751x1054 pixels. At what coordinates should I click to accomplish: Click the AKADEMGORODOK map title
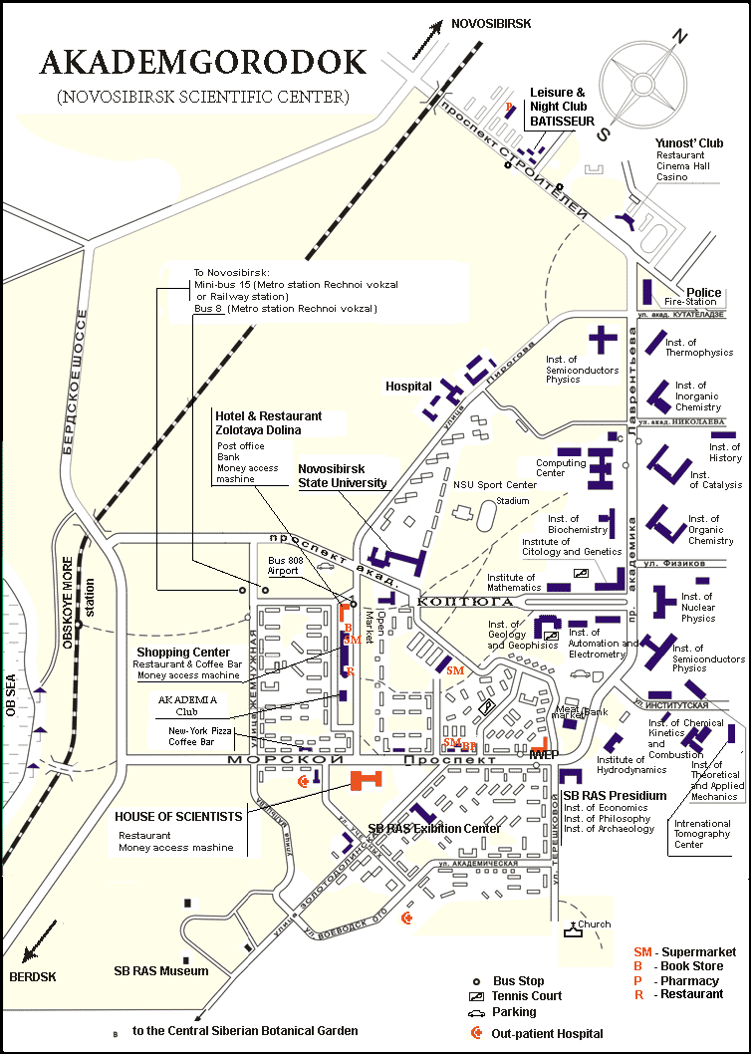pyautogui.click(x=203, y=62)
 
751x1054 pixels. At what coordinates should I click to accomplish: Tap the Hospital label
pyautogui.click(x=408, y=386)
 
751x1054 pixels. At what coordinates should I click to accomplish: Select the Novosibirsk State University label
pyautogui.click(x=343, y=475)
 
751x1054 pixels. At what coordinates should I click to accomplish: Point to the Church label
pyautogui.click(x=595, y=924)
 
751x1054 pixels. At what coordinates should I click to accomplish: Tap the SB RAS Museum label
pyautogui.click(x=161, y=970)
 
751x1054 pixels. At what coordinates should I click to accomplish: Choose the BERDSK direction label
pyautogui.click(x=33, y=976)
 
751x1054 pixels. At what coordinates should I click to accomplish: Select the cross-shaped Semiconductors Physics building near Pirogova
pyautogui.click(x=603, y=339)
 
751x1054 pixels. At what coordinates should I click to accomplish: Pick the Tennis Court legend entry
pyautogui.click(x=528, y=996)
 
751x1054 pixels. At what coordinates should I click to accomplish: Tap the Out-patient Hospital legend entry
pyautogui.click(x=547, y=1033)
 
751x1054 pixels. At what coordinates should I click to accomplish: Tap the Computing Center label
pyautogui.click(x=561, y=468)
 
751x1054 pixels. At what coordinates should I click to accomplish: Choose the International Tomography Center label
pyautogui.click(x=702, y=834)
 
